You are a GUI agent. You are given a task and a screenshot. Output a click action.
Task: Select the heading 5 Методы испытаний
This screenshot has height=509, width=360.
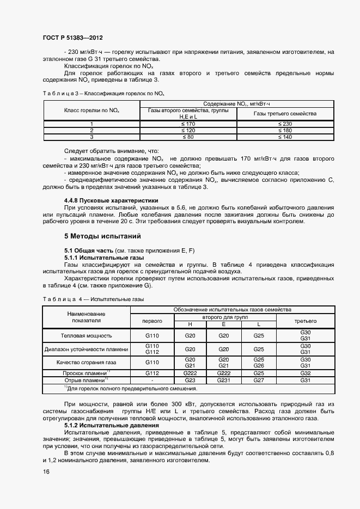pyautogui.click(x=102, y=236)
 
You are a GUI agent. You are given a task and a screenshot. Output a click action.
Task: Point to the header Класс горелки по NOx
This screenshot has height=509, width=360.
pyautogui.click(x=91, y=111)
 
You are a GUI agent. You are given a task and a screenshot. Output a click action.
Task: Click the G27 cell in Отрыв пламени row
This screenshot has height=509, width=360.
pyautogui.click(x=259, y=380)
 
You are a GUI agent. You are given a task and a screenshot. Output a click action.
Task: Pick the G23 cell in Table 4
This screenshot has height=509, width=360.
pyautogui.click(x=190, y=380)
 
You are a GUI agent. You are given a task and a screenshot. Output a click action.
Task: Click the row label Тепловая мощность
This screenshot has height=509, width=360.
pyautogui.click(x=87, y=336)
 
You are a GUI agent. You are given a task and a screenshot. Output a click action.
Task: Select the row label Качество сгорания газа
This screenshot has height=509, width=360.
pyautogui.click(x=87, y=362)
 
